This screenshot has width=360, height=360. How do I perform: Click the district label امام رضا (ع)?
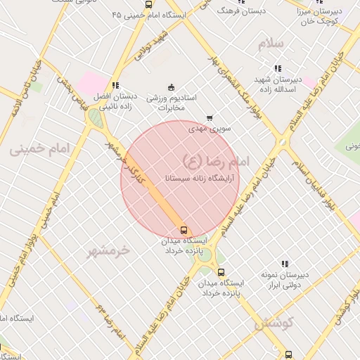(215, 161)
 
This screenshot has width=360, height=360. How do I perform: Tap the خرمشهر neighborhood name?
(110, 250)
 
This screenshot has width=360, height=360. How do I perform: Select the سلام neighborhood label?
(271, 44)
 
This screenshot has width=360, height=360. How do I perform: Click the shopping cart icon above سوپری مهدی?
(209, 118)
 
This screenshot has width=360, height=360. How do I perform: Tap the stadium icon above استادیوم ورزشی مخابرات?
(171, 87)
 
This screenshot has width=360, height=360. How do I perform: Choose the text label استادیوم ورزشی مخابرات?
(172, 102)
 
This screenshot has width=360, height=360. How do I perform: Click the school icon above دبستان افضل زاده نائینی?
(115, 85)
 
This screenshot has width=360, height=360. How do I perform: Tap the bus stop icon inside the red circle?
(184, 230)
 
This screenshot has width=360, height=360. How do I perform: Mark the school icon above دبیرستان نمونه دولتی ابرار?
(284, 264)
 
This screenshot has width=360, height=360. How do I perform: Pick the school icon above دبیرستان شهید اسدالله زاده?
(278, 69)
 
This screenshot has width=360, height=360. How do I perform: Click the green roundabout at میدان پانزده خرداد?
(205, 254)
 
